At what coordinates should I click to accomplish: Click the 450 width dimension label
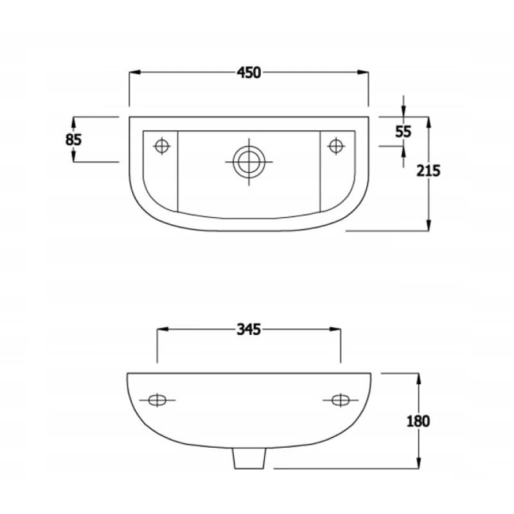249,73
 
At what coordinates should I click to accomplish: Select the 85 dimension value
73,139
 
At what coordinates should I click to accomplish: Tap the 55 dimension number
403,132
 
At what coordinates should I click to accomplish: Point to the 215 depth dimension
428,172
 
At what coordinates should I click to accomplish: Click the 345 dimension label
249,330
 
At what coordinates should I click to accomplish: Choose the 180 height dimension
418,421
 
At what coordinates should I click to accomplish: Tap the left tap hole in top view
162,146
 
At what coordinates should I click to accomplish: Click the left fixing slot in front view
157,401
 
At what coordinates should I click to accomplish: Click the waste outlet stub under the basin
249,457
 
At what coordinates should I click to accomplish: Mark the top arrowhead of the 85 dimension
73,121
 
